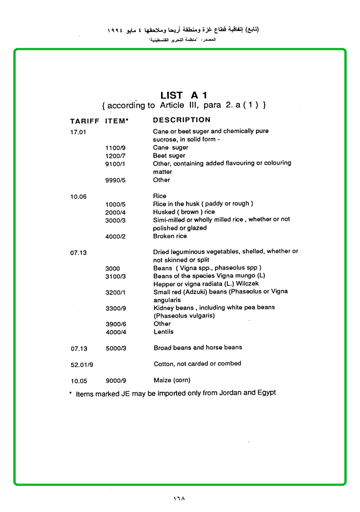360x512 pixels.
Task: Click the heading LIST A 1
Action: point(183,95)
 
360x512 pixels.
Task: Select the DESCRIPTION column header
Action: point(181,120)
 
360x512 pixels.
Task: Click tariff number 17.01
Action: point(78,132)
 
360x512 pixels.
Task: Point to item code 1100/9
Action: point(115,148)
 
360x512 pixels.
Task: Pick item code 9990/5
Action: point(115,180)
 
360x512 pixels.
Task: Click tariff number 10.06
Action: point(78,197)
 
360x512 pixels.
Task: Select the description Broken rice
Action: point(170,236)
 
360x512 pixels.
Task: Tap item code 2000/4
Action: point(115,212)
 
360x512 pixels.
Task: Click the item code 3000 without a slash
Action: point(113,268)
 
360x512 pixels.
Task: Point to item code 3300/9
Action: point(115,308)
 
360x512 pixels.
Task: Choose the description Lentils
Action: point(163,332)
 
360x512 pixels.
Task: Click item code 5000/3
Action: point(116,348)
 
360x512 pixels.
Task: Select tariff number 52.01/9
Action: point(83,364)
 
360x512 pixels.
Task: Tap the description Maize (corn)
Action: point(172,380)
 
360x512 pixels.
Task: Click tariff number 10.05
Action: point(79,381)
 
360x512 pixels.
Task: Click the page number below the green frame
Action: point(179,498)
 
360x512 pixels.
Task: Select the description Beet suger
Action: point(169,155)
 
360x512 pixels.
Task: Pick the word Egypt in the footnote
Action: point(266,393)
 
